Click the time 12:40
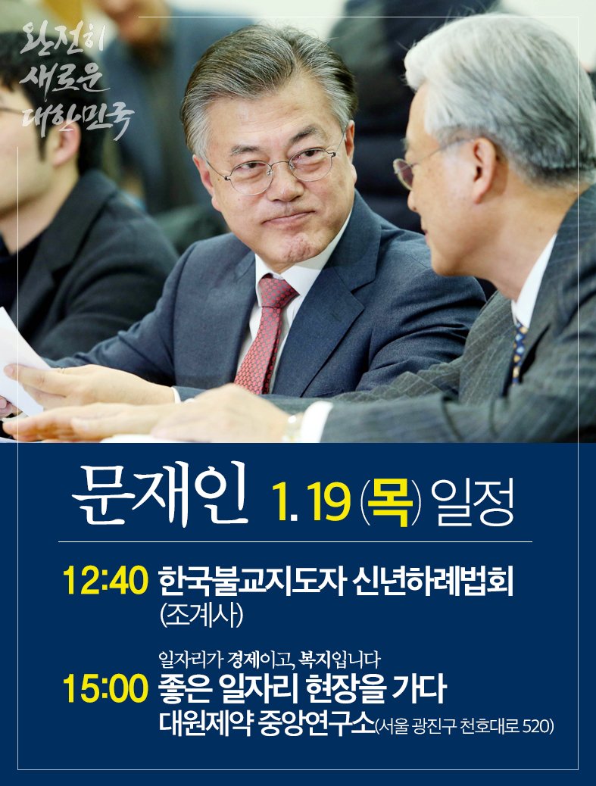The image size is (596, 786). [105, 582]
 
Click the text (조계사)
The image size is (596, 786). [201, 616]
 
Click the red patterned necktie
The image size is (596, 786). [264, 333]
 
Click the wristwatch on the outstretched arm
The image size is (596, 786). [292, 429]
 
